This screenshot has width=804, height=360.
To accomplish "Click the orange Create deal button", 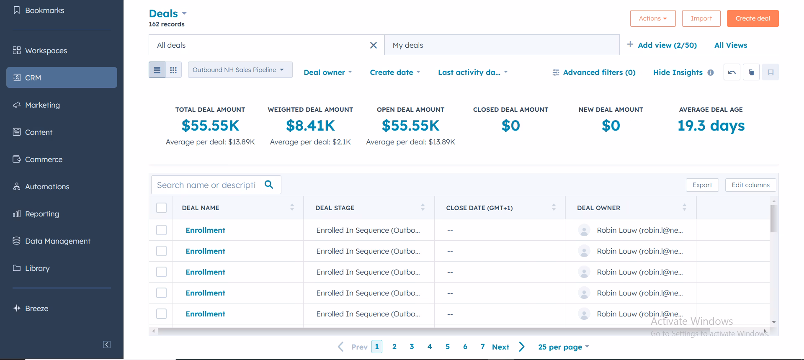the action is (x=752, y=18).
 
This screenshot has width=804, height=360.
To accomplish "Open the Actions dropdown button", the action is (x=653, y=18).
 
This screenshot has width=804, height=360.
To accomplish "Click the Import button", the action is (x=701, y=18).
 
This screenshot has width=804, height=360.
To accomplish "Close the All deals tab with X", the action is (x=374, y=45).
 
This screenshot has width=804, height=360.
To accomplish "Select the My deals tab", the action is (x=408, y=45).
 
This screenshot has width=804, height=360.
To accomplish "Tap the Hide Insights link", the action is (x=678, y=72).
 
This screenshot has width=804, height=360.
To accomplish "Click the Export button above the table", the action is (x=702, y=185).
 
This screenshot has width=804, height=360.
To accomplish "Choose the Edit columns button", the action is (x=750, y=185).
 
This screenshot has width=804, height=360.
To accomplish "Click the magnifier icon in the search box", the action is (x=269, y=185).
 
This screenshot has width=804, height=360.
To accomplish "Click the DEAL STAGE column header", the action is (x=335, y=208).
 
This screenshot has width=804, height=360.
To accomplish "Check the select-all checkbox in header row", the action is (x=161, y=208).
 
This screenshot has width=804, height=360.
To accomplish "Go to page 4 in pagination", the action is (x=430, y=347).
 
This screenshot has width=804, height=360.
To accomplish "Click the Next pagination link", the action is (x=500, y=347).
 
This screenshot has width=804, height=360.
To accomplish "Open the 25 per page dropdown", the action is (x=564, y=347).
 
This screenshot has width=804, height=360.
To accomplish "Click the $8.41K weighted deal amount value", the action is (x=310, y=125).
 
